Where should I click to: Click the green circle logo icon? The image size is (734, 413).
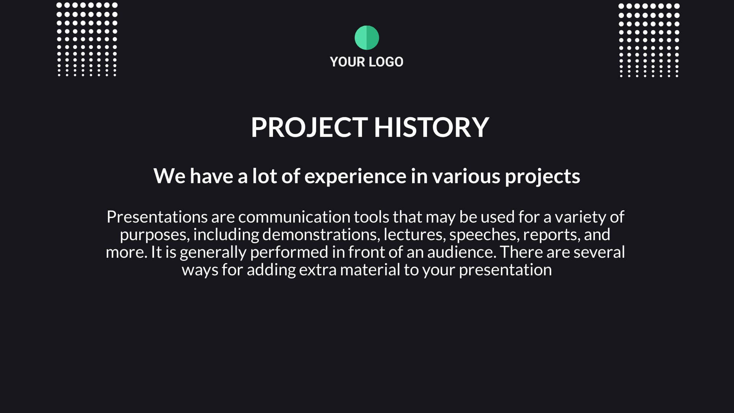[x=367, y=37]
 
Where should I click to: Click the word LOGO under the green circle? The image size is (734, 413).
[x=386, y=62]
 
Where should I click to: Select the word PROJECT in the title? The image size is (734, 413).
[x=309, y=127]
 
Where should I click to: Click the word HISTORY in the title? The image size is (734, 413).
[x=432, y=127]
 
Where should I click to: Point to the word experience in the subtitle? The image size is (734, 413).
[x=355, y=176]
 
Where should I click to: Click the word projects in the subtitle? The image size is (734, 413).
[x=542, y=176]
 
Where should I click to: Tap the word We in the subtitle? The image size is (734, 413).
[x=169, y=176]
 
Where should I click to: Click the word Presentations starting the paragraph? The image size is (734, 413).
[x=157, y=217]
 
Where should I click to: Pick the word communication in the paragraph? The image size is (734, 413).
[x=294, y=217]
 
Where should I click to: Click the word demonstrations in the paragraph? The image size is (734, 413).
[x=321, y=234]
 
